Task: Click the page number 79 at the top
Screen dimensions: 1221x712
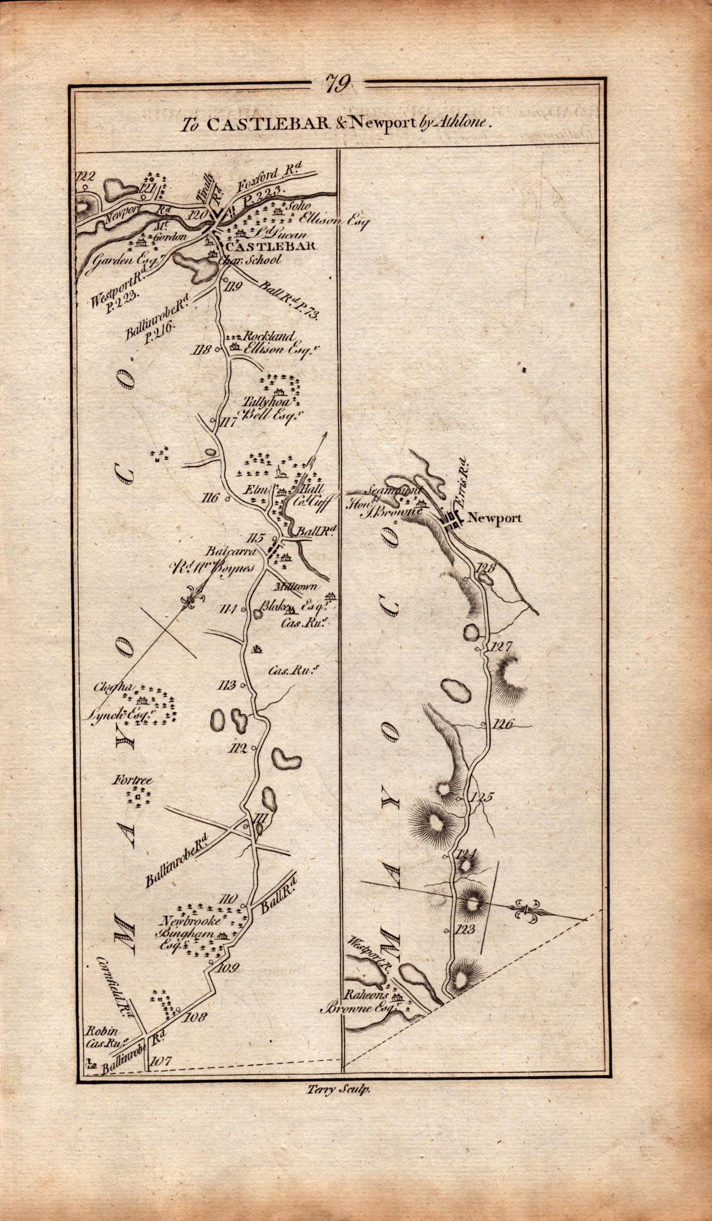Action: coord(338,83)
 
